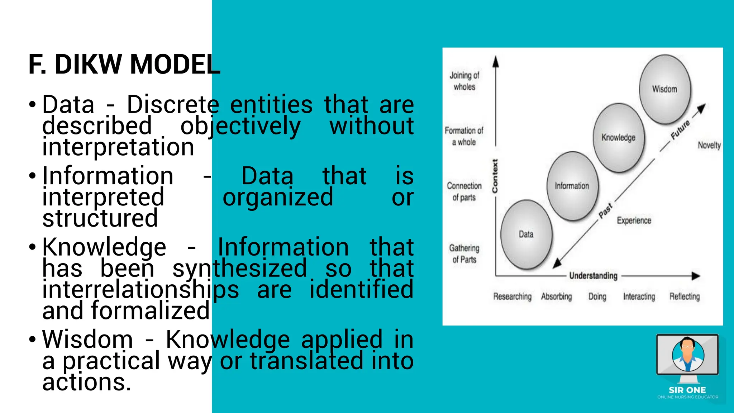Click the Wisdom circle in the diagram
point(665,90)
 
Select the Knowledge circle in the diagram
point(619,138)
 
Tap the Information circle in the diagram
point(572,186)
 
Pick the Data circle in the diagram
point(526,234)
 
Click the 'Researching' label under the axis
point(512,296)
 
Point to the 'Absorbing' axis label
point(557,296)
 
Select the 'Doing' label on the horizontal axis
point(597,296)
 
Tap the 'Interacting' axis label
point(639,296)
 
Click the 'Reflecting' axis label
point(685,296)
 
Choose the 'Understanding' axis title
point(594,276)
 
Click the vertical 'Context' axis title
point(495,176)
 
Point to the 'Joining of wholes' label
point(464,81)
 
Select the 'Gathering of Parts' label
point(464,253)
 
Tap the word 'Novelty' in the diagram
point(709,145)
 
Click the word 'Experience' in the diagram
point(634,220)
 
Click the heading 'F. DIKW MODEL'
point(124,65)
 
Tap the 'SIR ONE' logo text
point(687,390)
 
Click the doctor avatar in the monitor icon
point(688,354)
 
